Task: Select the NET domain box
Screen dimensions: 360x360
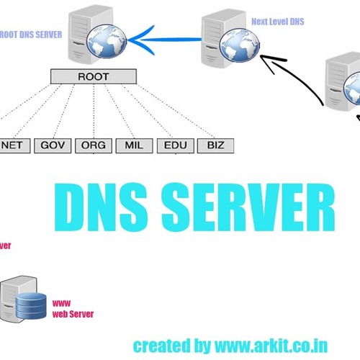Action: click(x=15, y=145)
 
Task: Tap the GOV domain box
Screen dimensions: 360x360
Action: click(x=53, y=145)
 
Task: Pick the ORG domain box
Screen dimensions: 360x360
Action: click(x=93, y=145)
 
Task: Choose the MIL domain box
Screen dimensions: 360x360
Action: click(x=134, y=145)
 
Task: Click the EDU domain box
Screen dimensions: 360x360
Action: click(x=175, y=145)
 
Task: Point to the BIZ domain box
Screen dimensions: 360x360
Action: click(x=215, y=145)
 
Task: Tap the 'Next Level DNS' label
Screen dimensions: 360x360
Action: click(x=277, y=22)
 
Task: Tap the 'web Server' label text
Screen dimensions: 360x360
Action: click(x=73, y=315)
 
